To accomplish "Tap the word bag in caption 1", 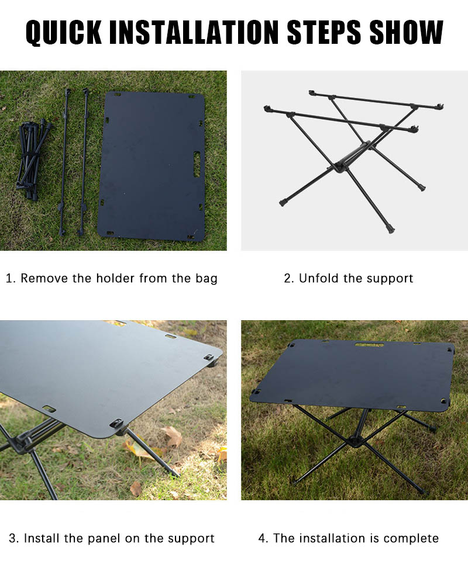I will click(x=206, y=279).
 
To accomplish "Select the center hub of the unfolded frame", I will click(x=340, y=167).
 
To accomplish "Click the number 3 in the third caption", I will click(x=12, y=539).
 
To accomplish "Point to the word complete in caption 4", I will click(x=412, y=539).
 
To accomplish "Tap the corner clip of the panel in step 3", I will click(x=209, y=358).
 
